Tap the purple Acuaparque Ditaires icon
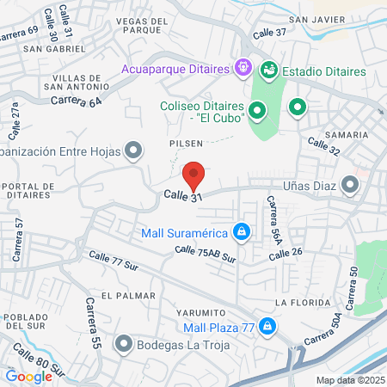coord(243,66)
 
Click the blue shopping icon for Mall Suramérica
coord(243,232)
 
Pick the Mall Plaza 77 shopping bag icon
coord(268,327)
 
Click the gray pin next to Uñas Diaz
coord(350,184)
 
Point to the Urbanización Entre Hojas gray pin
coord(132,152)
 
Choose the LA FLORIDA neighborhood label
coord(298,303)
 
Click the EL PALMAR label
coord(128,295)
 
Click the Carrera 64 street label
coord(76,101)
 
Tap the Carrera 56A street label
coord(273,220)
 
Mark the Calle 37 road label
coord(270,32)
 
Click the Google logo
coord(28,376)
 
